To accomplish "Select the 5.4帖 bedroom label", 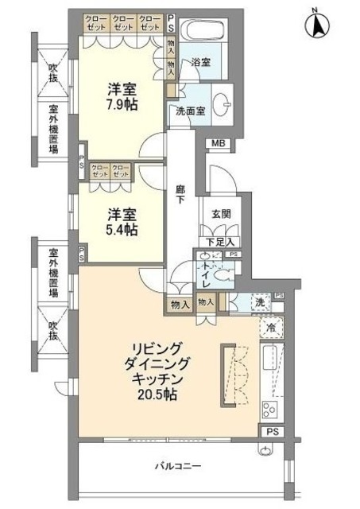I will [122, 222].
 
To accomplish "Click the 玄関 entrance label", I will [221, 213].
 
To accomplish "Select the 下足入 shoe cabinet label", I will [220, 241].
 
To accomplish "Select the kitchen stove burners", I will [269, 410].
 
